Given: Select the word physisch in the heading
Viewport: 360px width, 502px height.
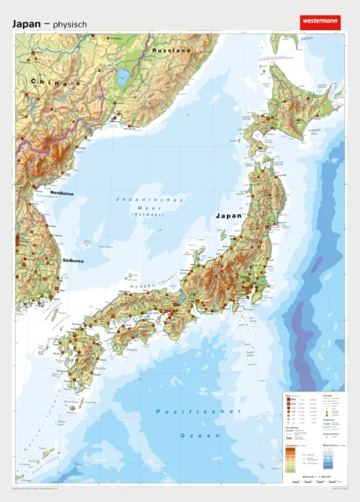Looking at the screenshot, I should (69, 25).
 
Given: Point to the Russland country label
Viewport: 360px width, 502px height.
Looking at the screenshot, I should (172, 51).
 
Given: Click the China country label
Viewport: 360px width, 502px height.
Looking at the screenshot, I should (45, 81).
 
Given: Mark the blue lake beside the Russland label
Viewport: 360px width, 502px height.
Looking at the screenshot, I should (124, 78).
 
